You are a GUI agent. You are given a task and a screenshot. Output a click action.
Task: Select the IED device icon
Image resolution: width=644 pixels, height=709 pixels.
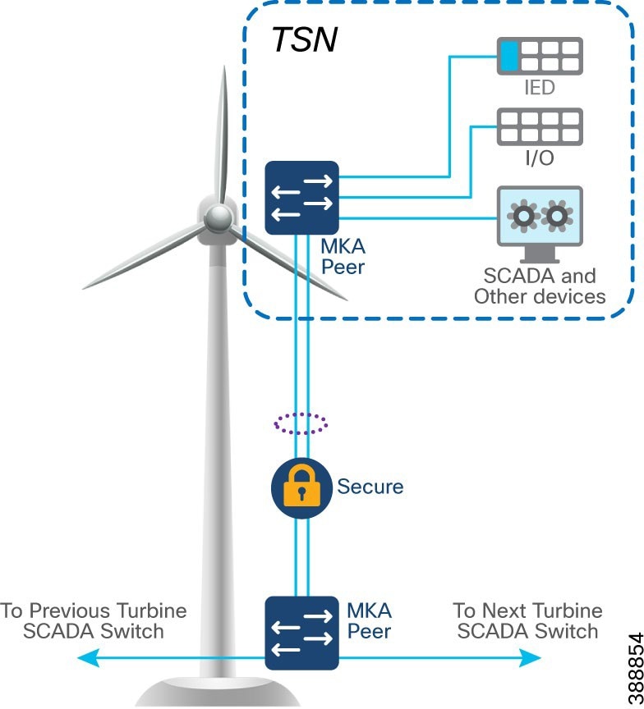pos(539,57)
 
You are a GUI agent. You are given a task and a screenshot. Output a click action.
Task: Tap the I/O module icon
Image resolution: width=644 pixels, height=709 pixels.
pos(539,128)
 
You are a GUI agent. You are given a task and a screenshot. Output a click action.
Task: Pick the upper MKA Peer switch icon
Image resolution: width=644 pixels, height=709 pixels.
pos(302,198)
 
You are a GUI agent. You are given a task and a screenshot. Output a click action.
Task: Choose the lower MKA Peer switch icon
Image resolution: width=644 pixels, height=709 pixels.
pos(302,633)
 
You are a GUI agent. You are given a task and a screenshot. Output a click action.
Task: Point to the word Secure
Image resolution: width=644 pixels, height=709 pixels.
pos(370,487)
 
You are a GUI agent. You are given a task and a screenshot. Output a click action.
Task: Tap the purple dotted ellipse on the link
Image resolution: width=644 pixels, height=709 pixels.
pos(301,423)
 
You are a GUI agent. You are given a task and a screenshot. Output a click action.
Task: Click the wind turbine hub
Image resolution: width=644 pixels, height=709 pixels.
pos(218,217)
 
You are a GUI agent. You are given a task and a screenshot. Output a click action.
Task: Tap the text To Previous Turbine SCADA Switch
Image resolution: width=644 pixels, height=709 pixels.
pos(93,621)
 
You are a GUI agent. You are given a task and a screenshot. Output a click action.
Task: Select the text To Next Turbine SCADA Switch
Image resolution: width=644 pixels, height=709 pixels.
pos(527,621)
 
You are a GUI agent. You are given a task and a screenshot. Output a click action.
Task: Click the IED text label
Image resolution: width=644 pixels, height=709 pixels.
pos(539,87)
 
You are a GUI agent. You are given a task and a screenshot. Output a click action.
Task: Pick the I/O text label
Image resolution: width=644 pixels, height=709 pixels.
pos(539,158)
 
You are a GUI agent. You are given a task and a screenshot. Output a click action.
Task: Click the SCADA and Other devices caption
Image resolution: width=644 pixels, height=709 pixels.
pos(540,286)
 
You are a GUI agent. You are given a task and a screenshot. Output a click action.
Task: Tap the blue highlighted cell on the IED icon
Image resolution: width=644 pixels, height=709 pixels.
pos(510,57)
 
